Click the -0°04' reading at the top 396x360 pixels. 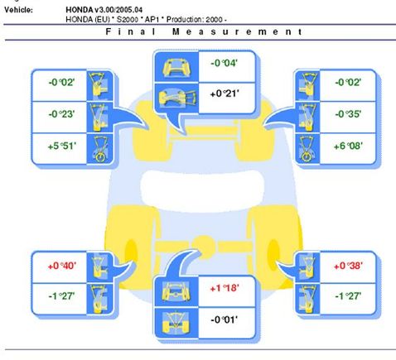[x=224, y=63]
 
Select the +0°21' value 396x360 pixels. [x=225, y=94]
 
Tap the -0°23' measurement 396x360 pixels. [x=61, y=114]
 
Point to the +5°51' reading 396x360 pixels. [x=62, y=146]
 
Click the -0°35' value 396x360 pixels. [x=348, y=114]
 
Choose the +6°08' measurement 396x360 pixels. [x=348, y=146]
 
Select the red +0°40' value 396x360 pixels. [x=62, y=266]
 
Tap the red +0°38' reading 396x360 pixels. [x=348, y=266]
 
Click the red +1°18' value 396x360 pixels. [x=225, y=289]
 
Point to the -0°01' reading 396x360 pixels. [x=224, y=320]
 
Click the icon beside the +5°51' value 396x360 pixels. [x=99, y=149]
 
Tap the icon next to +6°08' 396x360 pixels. [x=307, y=149]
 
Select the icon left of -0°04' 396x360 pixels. [x=176, y=67]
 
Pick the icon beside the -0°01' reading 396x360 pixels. [x=176, y=323]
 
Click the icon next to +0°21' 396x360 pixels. [x=176, y=98]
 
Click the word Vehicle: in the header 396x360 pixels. [x=18, y=10]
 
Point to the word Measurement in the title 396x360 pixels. [x=237, y=31]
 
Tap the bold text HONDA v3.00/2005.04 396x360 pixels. [x=104, y=10]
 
